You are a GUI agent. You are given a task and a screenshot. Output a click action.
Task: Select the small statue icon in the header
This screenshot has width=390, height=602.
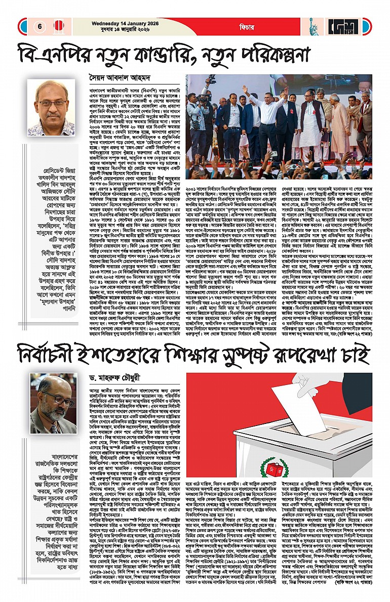click(x=313, y=26)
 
